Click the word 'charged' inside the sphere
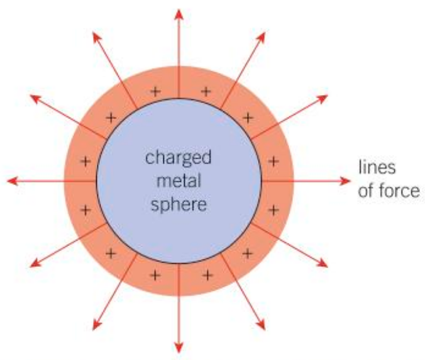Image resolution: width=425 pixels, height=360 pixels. click(x=179, y=156)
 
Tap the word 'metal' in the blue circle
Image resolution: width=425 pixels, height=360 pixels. click(x=179, y=181)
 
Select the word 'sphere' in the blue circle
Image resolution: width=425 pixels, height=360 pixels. click(x=179, y=205)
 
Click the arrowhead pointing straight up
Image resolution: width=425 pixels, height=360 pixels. click(x=179, y=14)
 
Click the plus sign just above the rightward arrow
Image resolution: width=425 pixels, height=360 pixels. click(x=272, y=160)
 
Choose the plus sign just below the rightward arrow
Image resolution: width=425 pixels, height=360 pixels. click(x=272, y=208)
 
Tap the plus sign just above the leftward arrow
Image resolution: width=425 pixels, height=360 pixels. click(x=86, y=160)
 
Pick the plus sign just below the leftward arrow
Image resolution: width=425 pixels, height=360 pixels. click(x=86, y=208)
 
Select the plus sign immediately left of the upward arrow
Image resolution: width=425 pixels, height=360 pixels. click(x=155, y=91)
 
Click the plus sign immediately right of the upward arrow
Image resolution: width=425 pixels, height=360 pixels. click(x=206, y=91)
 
